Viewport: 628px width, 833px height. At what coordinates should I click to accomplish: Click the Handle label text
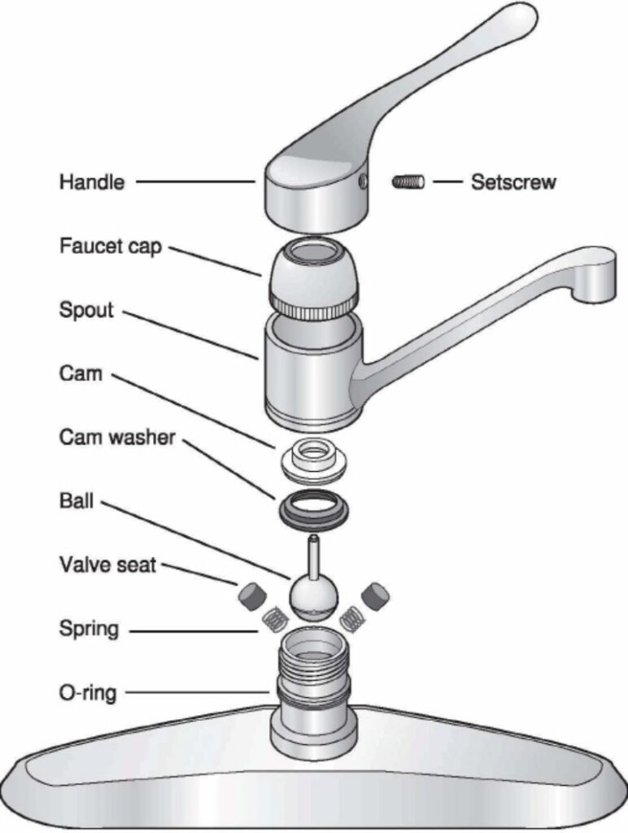(91, 182)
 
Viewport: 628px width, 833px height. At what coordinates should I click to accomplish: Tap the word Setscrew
(513, 182)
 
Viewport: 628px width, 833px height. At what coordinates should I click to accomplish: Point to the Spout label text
(86, 310)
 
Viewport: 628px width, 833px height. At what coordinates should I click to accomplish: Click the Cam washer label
(116, 438)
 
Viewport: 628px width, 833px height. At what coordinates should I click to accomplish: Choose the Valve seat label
(107, 564)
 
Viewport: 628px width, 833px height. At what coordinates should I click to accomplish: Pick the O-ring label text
(87, 693)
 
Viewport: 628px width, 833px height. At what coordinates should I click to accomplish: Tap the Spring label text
(89, 629)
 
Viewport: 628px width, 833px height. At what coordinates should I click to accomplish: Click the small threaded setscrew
(408, 182)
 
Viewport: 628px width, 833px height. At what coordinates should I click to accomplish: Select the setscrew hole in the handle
(362, 177)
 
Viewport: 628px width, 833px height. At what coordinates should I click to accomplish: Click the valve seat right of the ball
(375, 596)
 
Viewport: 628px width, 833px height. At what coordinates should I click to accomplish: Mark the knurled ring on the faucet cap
(312, 307)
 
